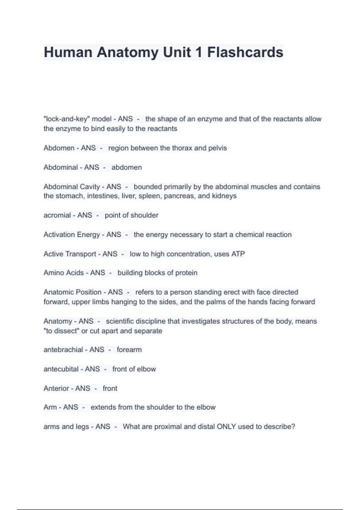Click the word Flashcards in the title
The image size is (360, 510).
(245, 52)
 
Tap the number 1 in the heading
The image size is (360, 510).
(199, 52)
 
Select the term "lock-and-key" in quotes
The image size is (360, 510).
(67, 119)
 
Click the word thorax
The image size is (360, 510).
(182, 148)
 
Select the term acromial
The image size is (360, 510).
(57, 215)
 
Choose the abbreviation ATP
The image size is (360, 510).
(238, 254)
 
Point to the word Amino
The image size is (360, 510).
(53, 273)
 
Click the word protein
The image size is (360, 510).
(186, 273)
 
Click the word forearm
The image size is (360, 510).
(129, 349)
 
